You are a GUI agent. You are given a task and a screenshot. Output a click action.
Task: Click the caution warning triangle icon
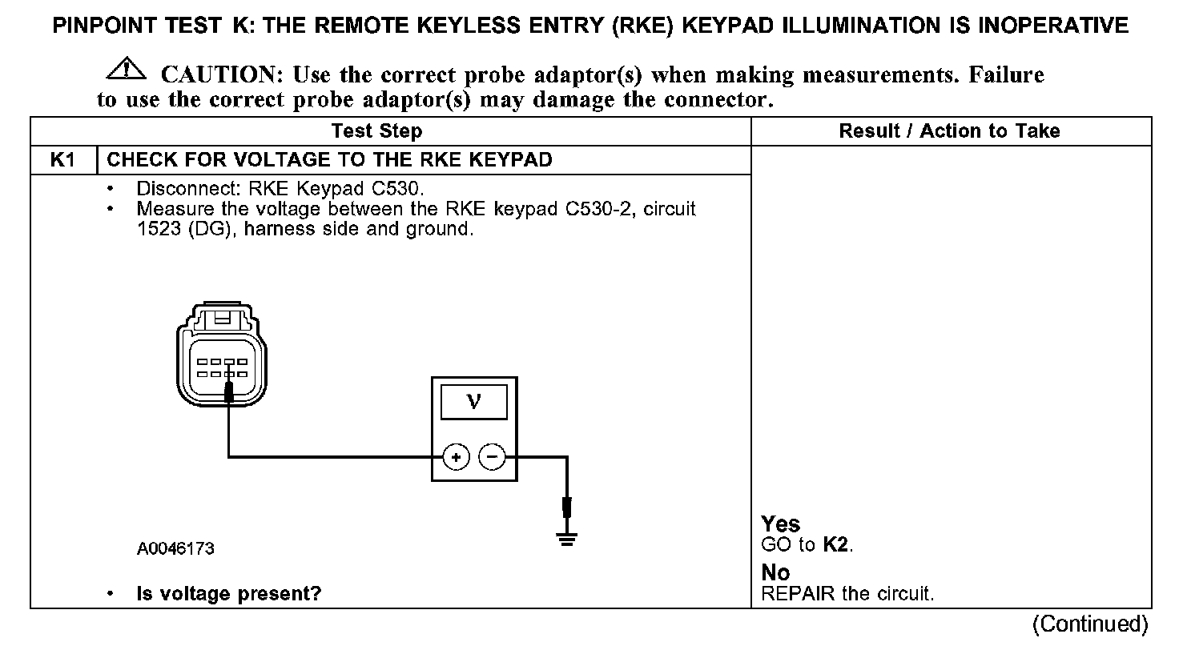(127, 70)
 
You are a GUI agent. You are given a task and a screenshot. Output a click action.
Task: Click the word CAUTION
(219, 75)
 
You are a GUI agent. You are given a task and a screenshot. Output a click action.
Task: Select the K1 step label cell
(63, 160)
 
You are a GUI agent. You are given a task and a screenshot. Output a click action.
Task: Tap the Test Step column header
(376, 131)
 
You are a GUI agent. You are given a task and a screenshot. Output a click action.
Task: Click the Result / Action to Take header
(949, 131)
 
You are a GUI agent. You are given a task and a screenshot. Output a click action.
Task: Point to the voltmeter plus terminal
(456, 457)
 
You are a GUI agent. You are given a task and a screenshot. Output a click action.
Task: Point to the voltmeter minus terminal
(492, 457)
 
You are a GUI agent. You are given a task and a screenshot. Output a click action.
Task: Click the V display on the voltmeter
(474, 401)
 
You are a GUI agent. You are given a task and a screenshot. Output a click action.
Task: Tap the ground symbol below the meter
(567, 539)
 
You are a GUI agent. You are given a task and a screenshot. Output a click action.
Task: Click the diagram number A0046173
(175, 549)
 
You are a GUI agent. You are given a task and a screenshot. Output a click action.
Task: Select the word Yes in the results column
(780, 524)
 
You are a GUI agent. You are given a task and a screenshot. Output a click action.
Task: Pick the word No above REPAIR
(775, 573)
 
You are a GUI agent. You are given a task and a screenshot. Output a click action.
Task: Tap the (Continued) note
(1089, 624)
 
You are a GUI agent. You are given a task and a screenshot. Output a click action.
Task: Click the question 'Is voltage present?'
(228, 595)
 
